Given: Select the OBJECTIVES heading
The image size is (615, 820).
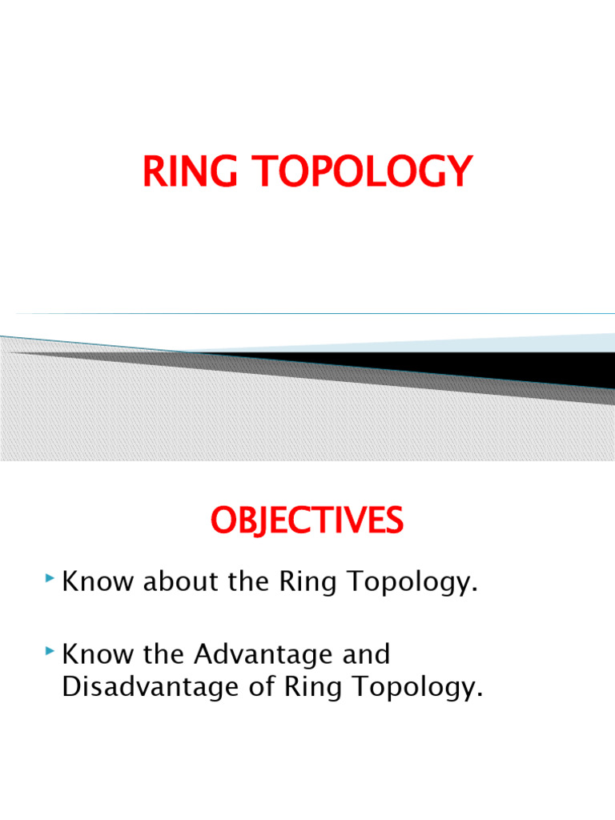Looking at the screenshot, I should (x=307, y=522).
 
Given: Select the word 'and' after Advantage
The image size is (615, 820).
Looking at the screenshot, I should (x=364, y=655).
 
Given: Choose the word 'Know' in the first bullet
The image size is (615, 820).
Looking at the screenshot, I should (x=98, y=583).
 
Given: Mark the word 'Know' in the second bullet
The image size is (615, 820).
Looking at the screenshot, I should (x=98, y=655).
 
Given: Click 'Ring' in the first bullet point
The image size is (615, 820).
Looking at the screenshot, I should (x=309, y=583).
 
